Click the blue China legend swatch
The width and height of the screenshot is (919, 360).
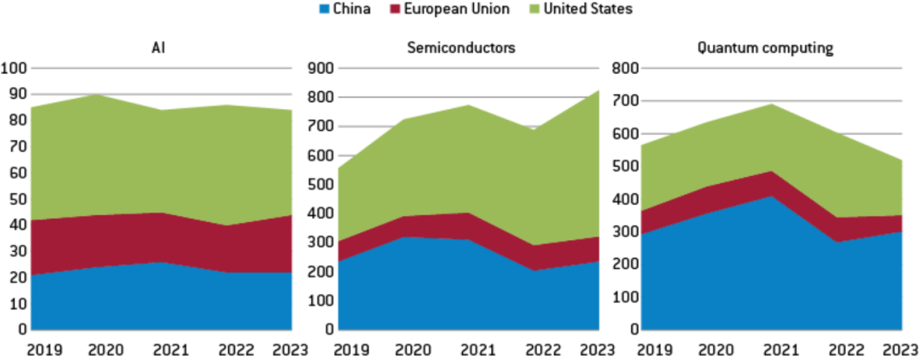(325, 9)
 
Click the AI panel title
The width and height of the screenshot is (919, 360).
(157, 49)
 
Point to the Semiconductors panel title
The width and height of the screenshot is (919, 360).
(461, 49)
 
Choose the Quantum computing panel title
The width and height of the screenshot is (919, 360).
(764, 49)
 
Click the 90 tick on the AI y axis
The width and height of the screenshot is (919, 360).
(16, 94)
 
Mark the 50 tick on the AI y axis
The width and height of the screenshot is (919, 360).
(16, 199)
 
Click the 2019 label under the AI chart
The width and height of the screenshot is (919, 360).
(43, 348)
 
